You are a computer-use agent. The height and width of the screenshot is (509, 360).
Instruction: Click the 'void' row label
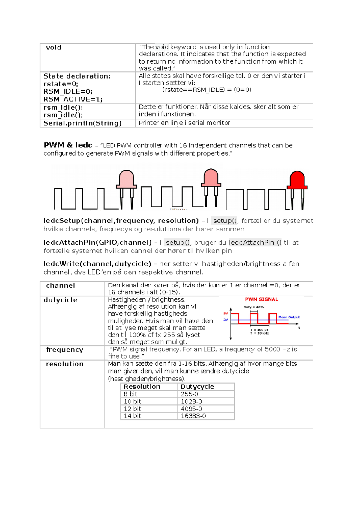(x=54, y=47)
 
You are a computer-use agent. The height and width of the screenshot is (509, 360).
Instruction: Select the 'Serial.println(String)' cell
(x=82, y=123)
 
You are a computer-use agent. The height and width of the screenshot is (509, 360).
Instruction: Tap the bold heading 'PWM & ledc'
(x=68, y=145)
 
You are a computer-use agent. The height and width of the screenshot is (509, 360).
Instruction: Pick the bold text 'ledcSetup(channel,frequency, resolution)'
(x=121, y=221)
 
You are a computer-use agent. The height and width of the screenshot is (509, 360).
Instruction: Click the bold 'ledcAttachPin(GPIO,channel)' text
(x=97, y=243)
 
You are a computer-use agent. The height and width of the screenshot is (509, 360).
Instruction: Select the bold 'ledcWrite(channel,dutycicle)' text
(x=97, y=264)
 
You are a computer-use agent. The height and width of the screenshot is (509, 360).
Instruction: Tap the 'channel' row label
(x=61, y=286)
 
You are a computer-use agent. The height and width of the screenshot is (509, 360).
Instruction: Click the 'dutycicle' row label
(x=61, y=300)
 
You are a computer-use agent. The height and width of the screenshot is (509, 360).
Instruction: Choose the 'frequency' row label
(x=65, y=350)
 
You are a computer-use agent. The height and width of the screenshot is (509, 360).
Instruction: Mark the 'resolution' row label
(x=65, y=364)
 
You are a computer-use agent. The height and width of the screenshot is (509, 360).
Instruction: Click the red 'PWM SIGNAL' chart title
(x=261, y=299)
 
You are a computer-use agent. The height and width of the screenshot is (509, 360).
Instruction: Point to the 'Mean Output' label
(x=289, y=317)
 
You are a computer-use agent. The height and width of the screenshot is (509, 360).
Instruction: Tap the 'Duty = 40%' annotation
(x=253, y=307)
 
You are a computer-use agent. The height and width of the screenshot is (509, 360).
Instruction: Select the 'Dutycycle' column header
(x=197, y=387)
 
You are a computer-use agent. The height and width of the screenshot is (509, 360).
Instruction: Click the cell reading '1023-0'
(x=191, y=401)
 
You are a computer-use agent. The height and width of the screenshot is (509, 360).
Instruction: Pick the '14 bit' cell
(x=132, y=416)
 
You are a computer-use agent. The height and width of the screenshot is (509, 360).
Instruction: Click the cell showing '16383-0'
(x=193, y=416)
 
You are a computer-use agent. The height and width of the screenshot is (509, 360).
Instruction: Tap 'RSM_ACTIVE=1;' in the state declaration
(x=73, y=99)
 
